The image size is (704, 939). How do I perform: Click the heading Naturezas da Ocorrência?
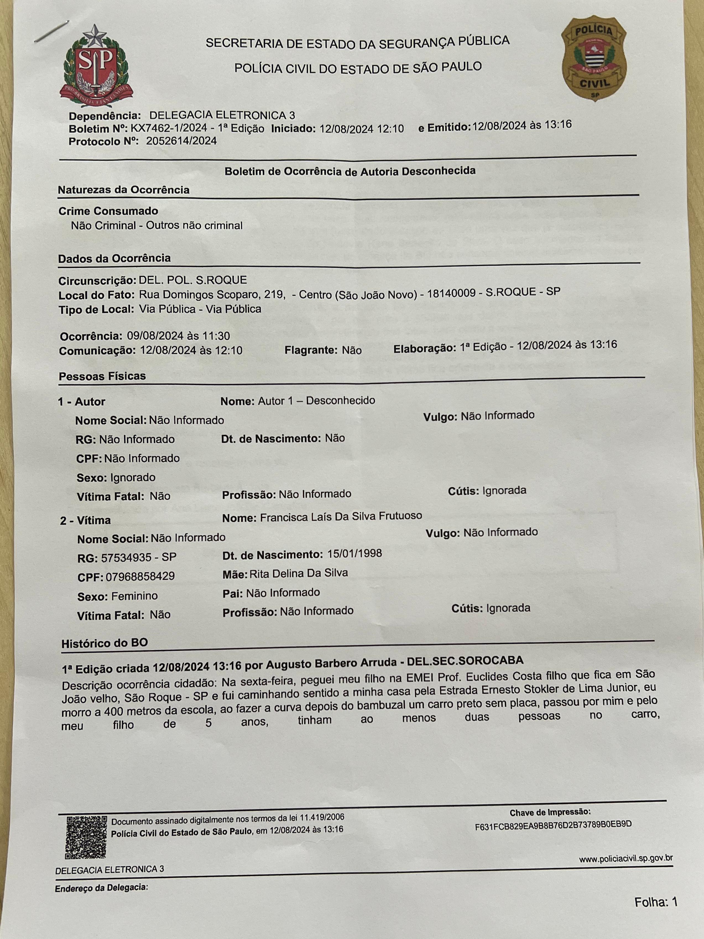click(124, 190)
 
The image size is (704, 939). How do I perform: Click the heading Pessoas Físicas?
click(102, 376)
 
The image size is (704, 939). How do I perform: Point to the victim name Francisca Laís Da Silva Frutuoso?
click(341, 516)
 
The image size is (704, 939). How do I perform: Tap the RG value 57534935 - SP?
click(138, 557)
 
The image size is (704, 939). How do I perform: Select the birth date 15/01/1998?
click(354, 553)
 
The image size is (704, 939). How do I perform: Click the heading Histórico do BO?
click(105, 643)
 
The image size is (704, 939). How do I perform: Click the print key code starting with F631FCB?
click(553, 824)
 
